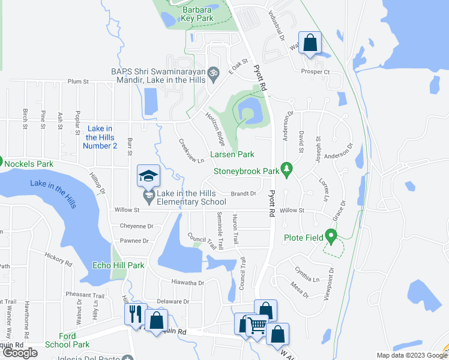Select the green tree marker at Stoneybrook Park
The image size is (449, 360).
[x=287, y=170]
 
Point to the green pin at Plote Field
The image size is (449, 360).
[x=330, y=237]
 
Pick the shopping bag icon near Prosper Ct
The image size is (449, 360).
[x=310, y=43]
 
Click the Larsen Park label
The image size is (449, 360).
[x=231, y=155]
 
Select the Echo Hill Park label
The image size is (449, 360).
[x=118, y=265]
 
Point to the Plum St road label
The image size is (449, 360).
[x=78, y=82]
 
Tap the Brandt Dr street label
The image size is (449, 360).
[x=244, y=194]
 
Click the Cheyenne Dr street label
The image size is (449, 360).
[x=137, y=226]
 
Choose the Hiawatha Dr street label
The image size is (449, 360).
[x=188, y=283]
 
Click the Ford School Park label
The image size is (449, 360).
[x=67, y=340]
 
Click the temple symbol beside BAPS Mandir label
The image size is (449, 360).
[x=211, y=74]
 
